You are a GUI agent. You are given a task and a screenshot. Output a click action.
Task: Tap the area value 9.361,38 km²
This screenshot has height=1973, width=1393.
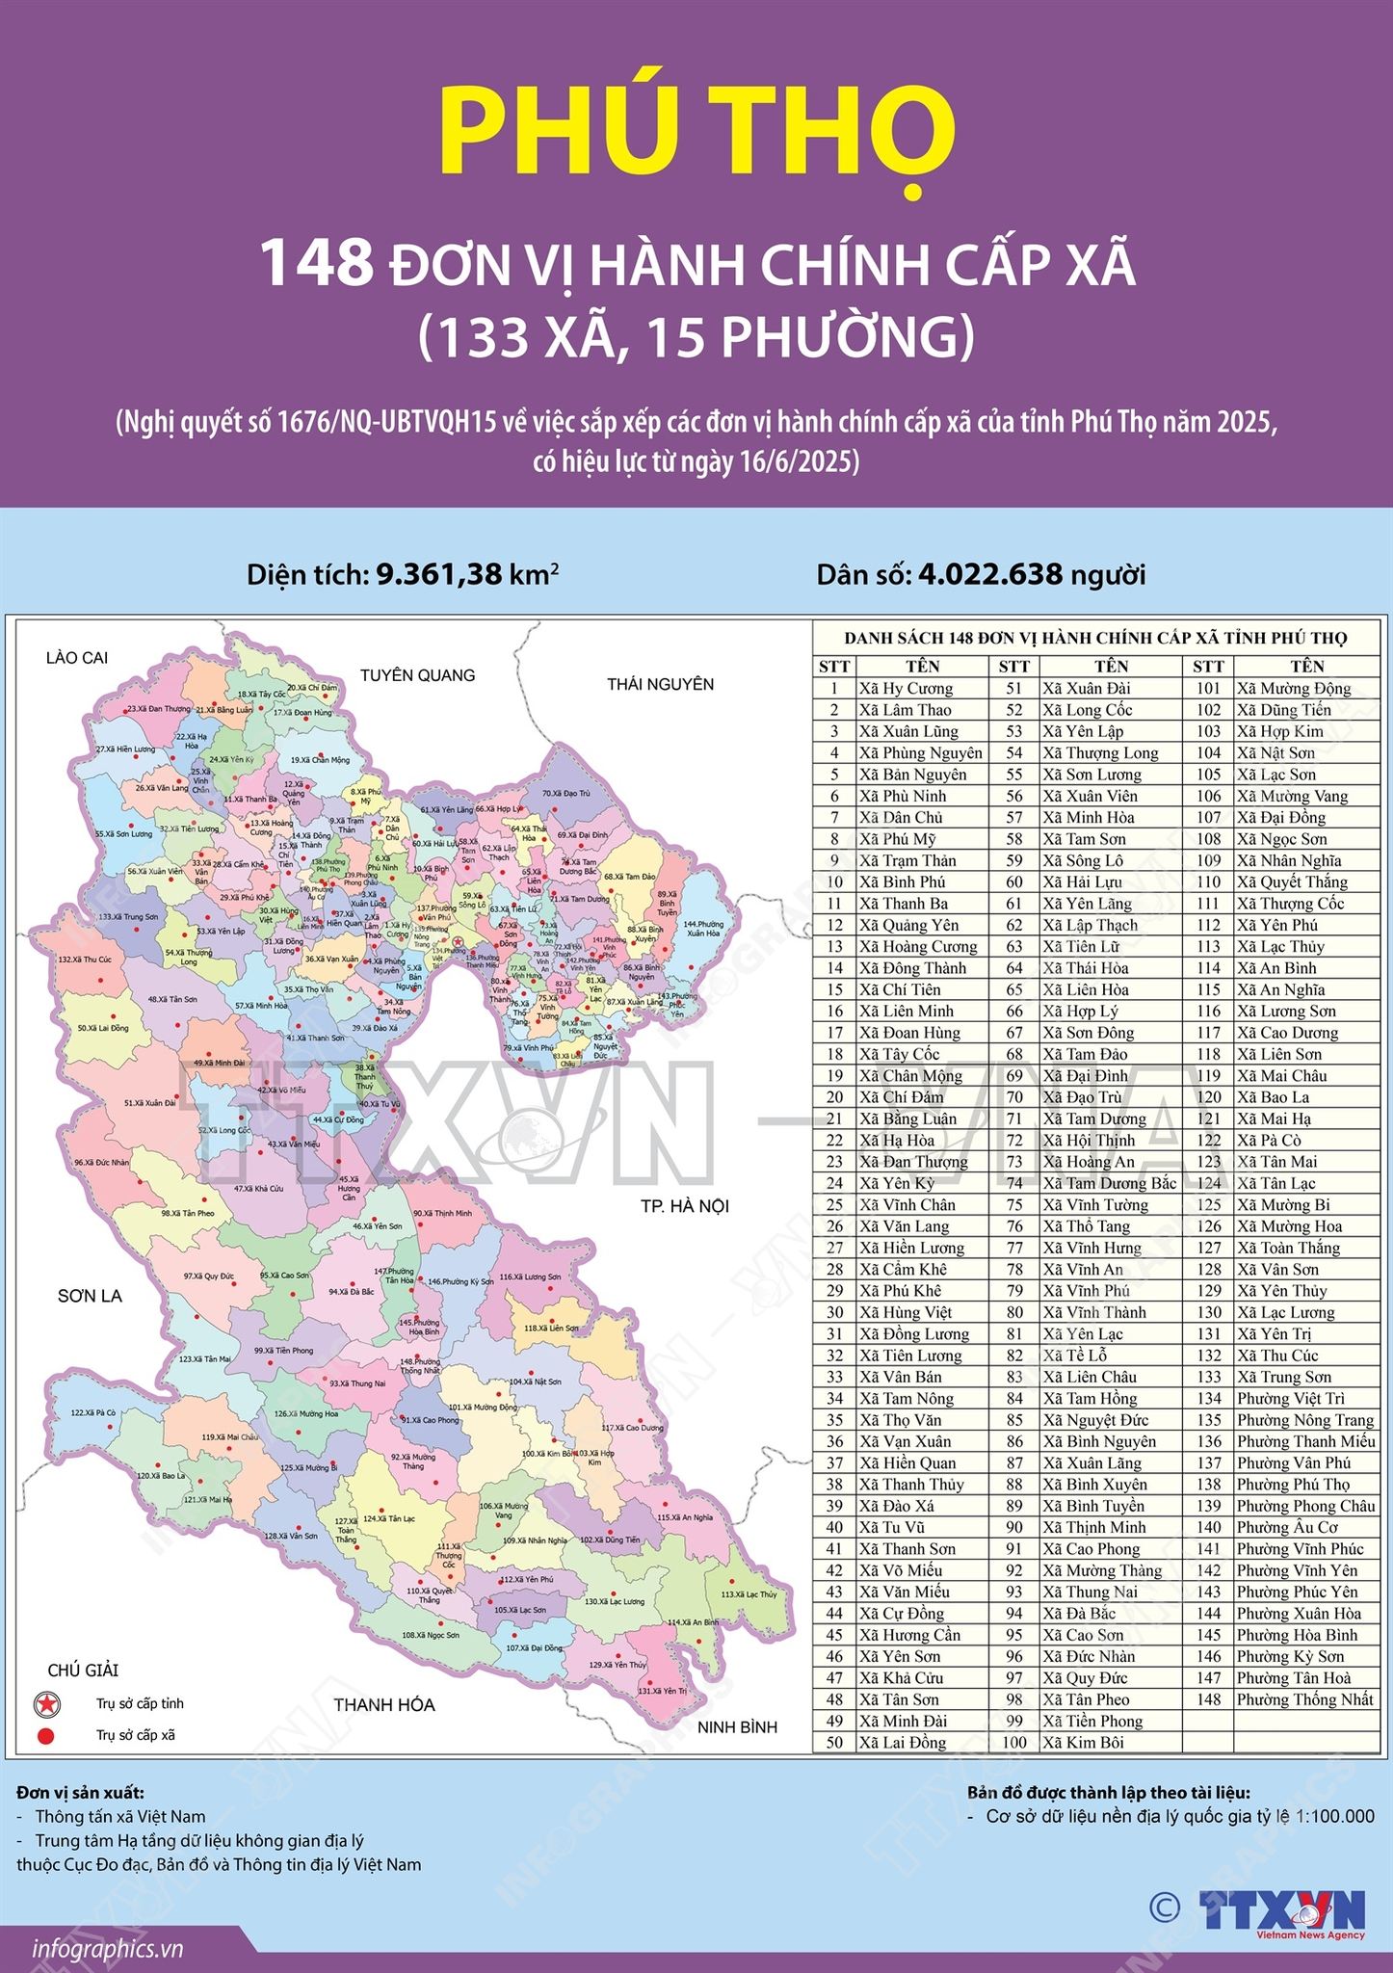click(x=467, y=575)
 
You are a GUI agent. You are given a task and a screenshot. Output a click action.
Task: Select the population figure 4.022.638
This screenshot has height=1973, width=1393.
click(x=990, y=575)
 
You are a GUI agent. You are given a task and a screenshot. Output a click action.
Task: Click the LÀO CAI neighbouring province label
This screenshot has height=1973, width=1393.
click(x=77, y=658)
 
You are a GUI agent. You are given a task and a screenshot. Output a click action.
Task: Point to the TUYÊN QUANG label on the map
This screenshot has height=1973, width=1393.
click(x=417, y=675)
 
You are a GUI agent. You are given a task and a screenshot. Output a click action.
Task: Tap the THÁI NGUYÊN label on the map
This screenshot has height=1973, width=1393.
click(x=660, y=684)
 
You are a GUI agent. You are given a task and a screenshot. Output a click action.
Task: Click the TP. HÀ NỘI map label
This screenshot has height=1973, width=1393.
click(x=685, y=1206)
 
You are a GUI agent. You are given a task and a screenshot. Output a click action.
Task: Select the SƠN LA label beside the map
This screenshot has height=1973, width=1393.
click(x=90, y=1296)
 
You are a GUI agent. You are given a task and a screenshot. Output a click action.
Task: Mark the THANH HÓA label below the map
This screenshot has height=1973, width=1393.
click(x=383, y=1705)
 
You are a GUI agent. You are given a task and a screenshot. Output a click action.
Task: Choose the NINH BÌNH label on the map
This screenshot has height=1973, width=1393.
click(x=737, y=1727)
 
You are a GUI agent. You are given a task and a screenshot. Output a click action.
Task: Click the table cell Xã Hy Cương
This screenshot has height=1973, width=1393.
click(x=906, y=689)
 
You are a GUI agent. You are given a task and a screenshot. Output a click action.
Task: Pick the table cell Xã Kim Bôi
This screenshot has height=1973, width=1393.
click(x=1083, y=1743)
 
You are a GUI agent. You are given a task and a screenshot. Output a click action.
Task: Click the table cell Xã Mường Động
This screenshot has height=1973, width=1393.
click(x=1294, y=689)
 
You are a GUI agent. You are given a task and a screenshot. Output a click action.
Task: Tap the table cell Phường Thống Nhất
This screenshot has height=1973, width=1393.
click(x=1304, y=1699)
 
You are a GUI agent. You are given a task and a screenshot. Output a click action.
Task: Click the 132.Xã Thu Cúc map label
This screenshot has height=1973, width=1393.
click(x=85, y=960)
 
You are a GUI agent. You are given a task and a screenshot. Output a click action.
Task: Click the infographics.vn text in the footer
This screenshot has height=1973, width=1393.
click(x=107, y=1949)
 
